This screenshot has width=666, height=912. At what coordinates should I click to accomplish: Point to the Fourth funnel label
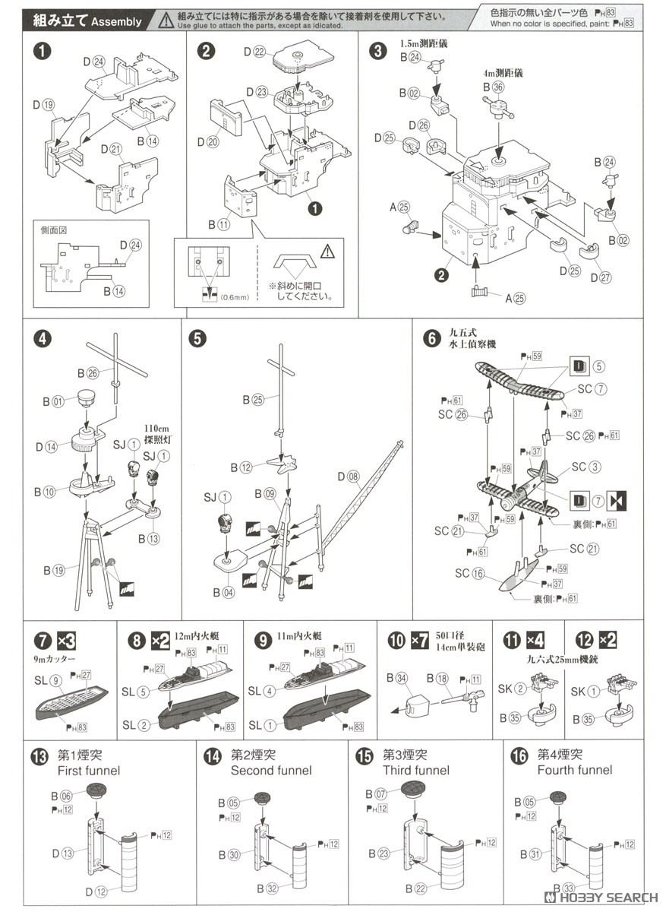tap(573, 770)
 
